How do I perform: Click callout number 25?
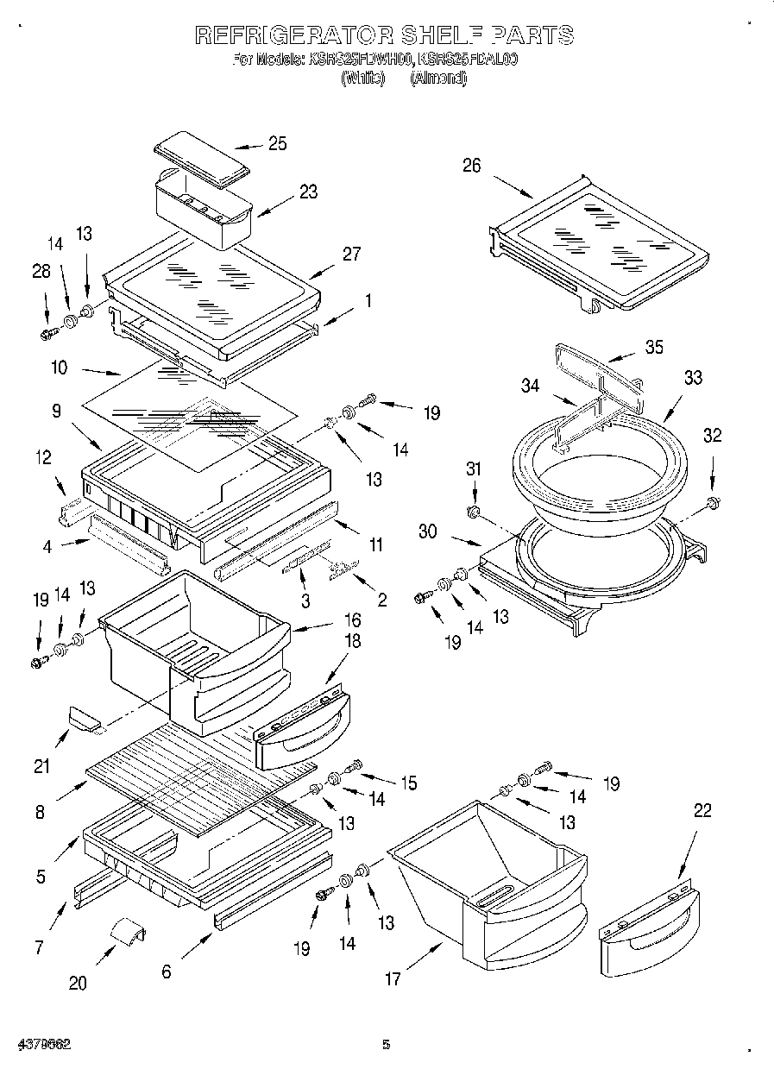[277, 144]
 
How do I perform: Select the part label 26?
[471, 166]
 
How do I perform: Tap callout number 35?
[655, 349]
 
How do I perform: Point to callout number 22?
[703, 810]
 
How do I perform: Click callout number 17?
[393, 978]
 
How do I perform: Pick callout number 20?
[78, 983]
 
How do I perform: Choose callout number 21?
[42, 765]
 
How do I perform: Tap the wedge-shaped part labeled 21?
[83, 716]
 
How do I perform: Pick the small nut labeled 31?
[473, 513]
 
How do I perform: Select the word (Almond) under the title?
[437, 79]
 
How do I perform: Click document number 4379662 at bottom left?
[42, 1045]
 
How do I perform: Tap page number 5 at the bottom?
[387, 1045]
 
